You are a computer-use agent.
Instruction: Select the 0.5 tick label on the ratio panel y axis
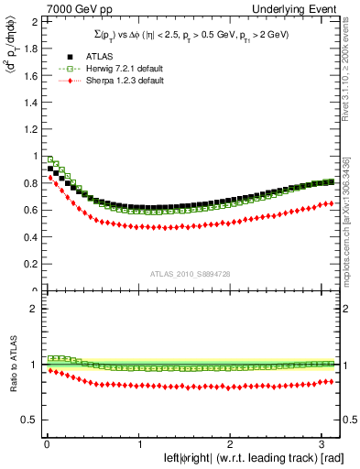coord(33,420)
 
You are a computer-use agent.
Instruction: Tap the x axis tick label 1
coord(139,444)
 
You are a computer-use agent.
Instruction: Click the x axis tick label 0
coord(46,444)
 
